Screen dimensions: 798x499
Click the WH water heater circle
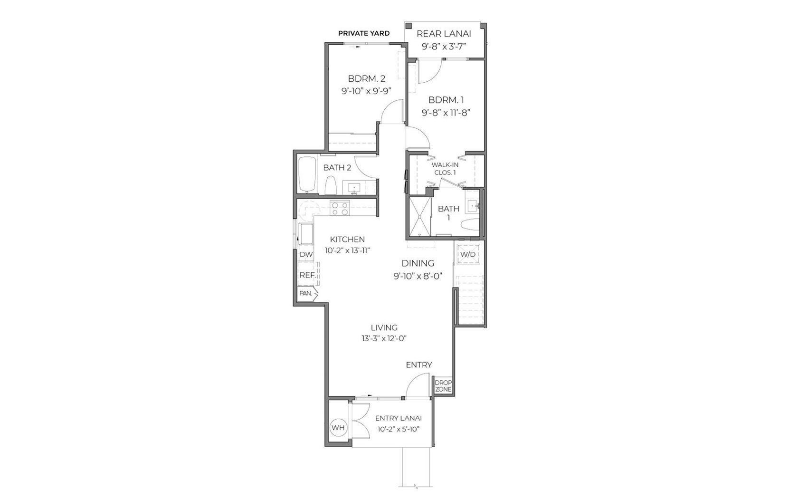[338, 428]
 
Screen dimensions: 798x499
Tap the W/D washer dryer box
[468, 254]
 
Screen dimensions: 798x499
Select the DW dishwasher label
[306, 255]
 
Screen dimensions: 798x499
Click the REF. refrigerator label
[307, 275]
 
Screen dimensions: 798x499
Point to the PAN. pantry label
[306, 294]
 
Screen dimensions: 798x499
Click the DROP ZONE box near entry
[443, 386]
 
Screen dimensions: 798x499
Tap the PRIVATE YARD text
[364, 33]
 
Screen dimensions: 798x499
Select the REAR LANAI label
[444, 33]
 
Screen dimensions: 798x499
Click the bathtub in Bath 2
[307, 174]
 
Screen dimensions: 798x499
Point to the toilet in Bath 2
[331, 184]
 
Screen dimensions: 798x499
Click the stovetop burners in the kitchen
[340, 208]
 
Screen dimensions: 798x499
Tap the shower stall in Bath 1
[420, 216]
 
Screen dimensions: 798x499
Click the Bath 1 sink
[472, 206]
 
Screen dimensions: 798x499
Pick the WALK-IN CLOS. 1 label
[445, 169]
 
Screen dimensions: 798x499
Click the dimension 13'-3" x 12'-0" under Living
[384, 338]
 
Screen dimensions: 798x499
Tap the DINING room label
[418, 263]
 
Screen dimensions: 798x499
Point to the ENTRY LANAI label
[398, 418]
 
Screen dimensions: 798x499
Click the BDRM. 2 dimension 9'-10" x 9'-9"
[367, 91]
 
